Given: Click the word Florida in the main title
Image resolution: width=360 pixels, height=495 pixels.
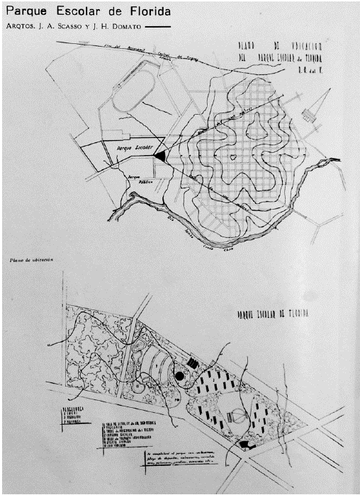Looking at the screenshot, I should click(x=143, y=13).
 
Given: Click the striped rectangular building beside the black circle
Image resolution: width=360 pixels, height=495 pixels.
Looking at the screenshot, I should click(x=193, y=363).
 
